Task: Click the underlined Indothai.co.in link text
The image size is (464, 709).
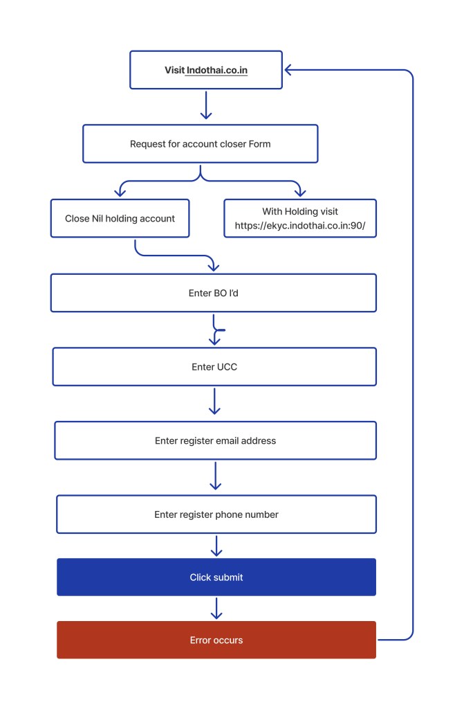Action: (x=216, y=70)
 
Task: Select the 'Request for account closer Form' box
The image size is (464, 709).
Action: (x=200, y=144)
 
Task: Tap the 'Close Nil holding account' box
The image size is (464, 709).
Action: (x=120, y=218)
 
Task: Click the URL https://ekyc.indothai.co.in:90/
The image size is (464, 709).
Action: (x=300, y=225)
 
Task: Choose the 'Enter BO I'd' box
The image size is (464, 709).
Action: (x=214, y=293)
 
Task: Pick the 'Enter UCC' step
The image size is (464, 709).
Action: (x=214, y=367)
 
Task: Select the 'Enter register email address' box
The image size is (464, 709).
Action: (x=215, y=440)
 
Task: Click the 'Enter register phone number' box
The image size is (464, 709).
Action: (x=216, y=514)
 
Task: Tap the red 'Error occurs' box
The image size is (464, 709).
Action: (x=216, y=640)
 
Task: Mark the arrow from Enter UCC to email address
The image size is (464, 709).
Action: (x=214, y=402)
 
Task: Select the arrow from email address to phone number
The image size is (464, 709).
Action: (x=215, y=476)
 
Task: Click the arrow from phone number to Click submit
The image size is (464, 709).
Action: (x=216, y=546)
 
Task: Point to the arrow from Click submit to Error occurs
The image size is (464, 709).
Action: (x=216, y=609)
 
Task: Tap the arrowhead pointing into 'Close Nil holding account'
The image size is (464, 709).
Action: (x=120, y=192)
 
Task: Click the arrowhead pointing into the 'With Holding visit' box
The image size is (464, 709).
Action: (x=299, y=192)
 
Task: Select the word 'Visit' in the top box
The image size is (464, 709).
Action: (x=174, y=70)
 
